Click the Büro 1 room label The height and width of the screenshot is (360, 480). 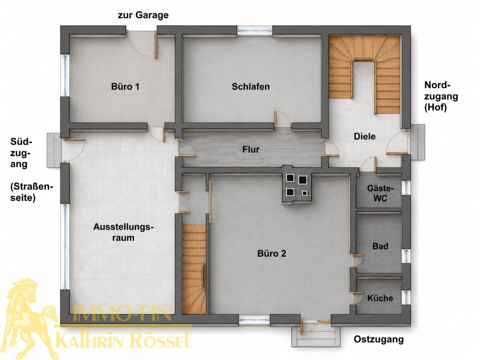[125, 87]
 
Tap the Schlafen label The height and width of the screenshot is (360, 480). [250, 87]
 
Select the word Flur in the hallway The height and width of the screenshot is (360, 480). [251, 150]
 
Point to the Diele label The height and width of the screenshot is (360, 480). [364, 136]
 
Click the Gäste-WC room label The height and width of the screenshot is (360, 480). [380, 193]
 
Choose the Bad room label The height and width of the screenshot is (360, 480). [380, 246]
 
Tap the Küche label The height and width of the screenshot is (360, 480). [380, 298]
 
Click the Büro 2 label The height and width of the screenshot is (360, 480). [271, 253]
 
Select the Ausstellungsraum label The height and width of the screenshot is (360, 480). [123, 232]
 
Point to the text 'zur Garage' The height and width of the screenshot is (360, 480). [143, 15]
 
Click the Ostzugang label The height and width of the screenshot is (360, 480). [379, 339]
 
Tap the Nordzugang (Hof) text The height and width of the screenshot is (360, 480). [441, 96]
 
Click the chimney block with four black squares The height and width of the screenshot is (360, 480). [297, 185]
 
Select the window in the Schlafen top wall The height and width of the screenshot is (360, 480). [255, 30]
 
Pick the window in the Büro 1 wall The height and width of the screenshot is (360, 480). [65, 75]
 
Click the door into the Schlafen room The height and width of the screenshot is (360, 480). [283, 119]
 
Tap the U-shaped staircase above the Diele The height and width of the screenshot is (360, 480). [364, 74]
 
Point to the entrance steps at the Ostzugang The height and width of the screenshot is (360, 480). [316, 337]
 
